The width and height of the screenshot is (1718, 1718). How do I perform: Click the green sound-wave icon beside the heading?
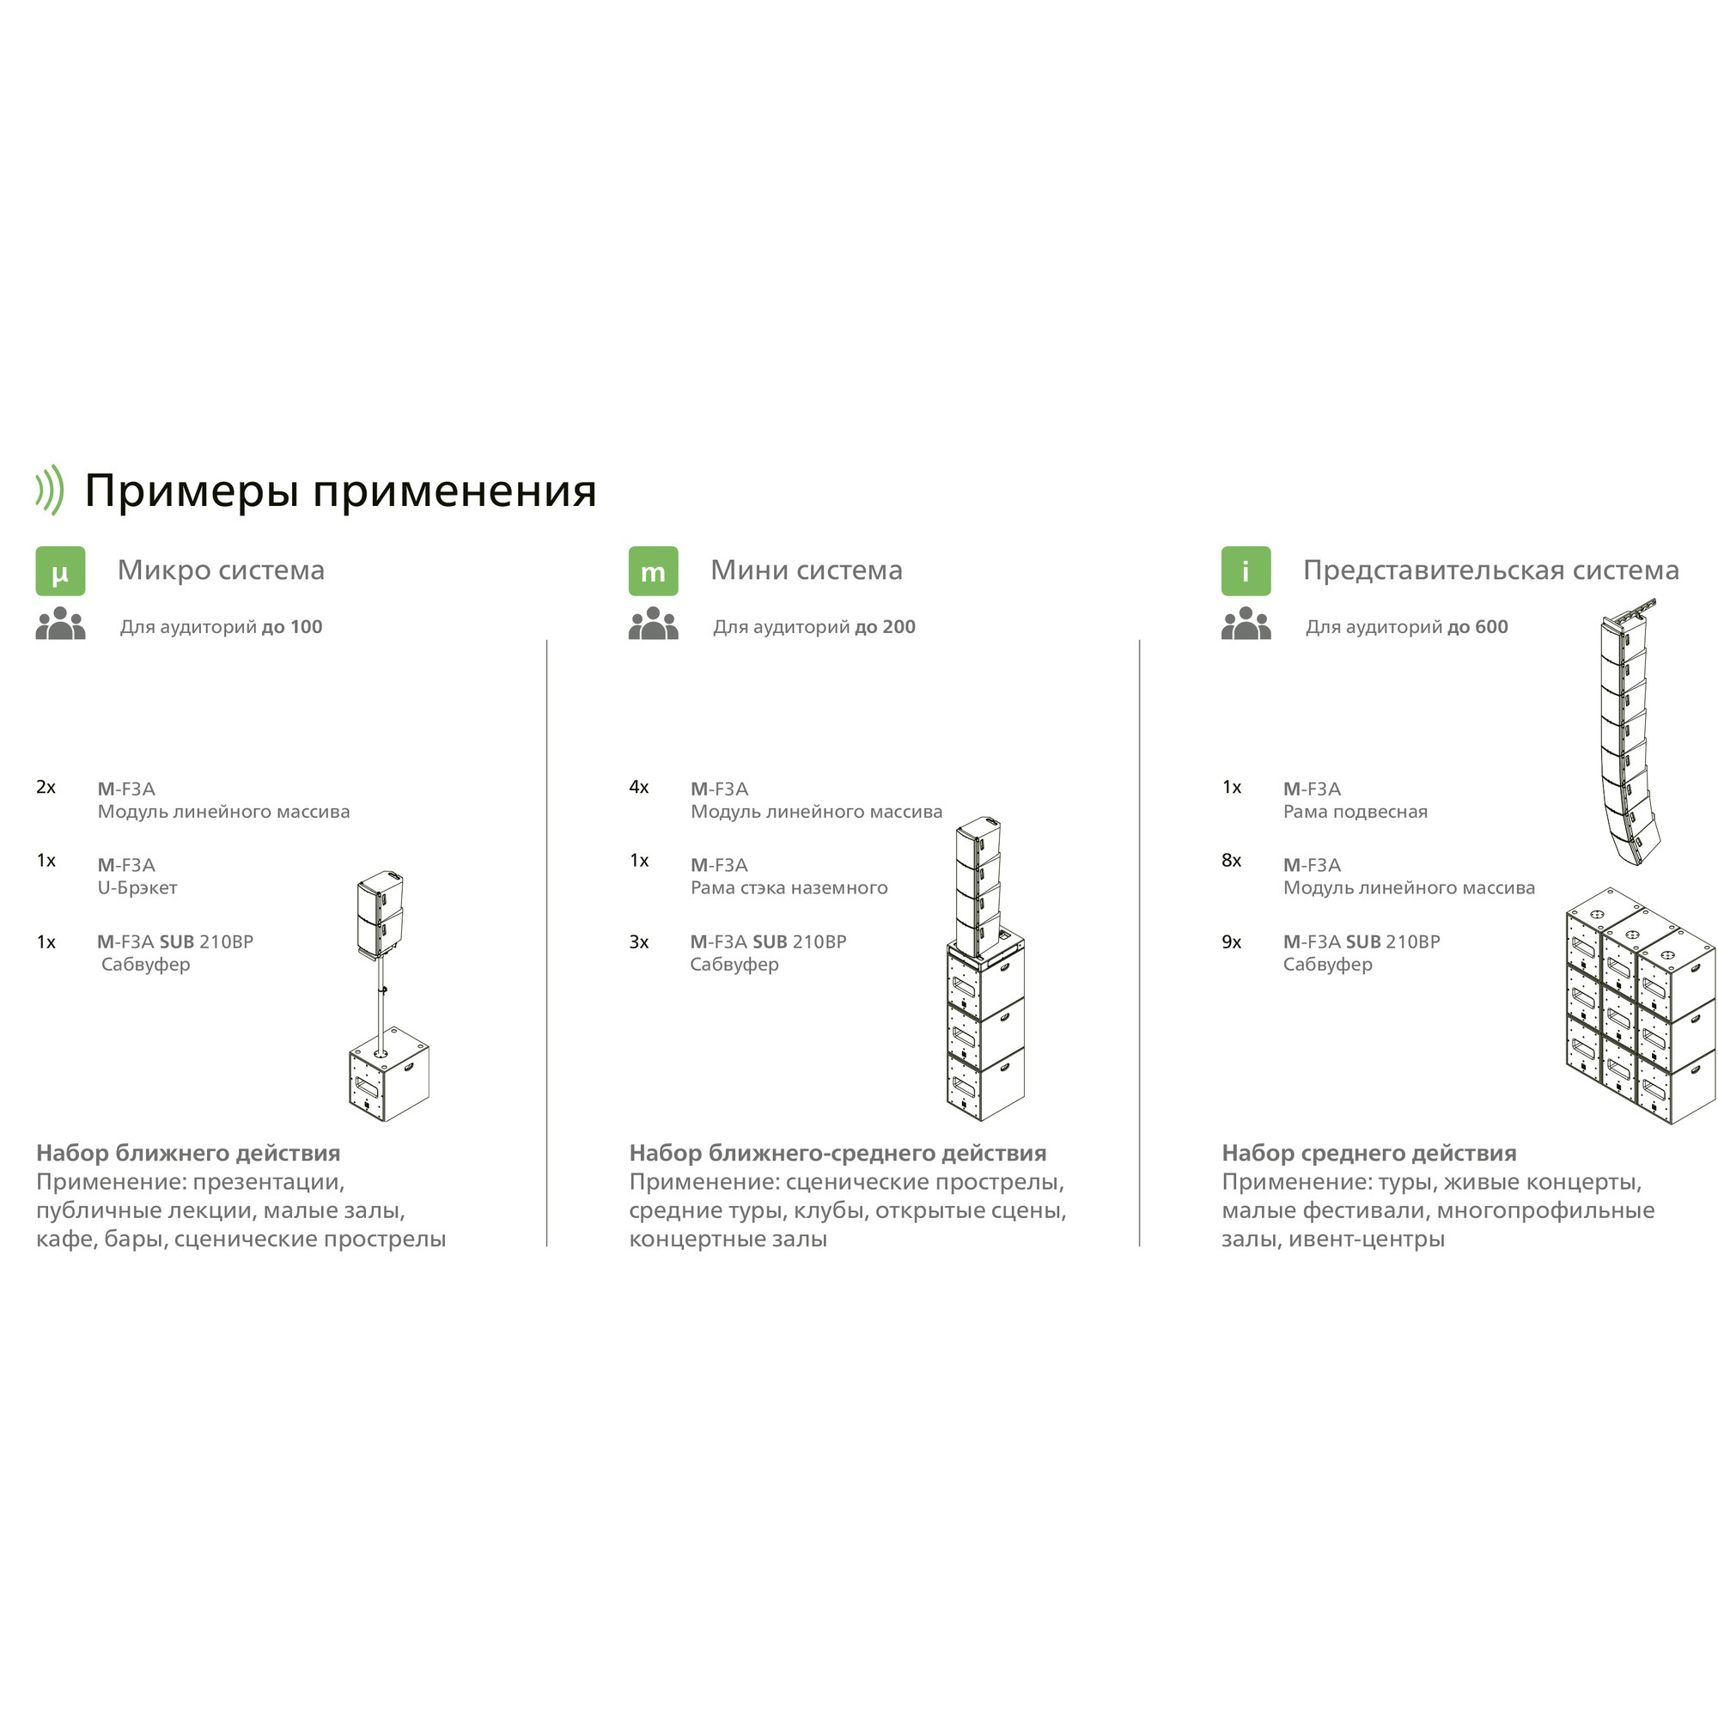tap(51, 490)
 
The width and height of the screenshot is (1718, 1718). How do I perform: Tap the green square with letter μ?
tap(60, 571)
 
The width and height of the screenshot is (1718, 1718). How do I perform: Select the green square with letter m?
tap(653, 571)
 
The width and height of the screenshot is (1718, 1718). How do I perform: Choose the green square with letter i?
tap(1246, 571)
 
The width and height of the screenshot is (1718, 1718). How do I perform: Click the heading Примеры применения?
tap(339, 490)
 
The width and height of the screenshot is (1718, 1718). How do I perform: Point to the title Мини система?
tap(806, 570)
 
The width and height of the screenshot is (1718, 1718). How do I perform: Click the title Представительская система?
tap(1490, 570)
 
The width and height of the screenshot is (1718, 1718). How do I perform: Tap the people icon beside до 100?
tap(60, 624)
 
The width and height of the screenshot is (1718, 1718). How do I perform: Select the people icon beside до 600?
tap(1246, 624)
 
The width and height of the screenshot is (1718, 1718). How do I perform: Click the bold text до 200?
tap(885, 627)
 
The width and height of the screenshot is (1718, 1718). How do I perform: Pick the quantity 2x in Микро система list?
tap(46, 787)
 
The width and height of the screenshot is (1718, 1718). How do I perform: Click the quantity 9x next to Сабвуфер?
tap(1232, 941)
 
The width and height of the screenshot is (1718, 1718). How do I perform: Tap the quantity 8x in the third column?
tap(1232, 860)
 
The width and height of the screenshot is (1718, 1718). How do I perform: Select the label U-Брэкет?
tap(137, 887)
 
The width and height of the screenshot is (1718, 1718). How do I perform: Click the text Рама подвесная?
tap(1355, 811)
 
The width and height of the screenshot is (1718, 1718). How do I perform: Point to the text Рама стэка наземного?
tap(789, 887)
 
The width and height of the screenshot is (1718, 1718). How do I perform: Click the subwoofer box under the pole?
tap(388, 1077)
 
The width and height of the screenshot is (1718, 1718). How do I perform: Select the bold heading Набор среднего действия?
tap(1368, 1154)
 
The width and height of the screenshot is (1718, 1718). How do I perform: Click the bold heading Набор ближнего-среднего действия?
tap(837, 1154)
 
